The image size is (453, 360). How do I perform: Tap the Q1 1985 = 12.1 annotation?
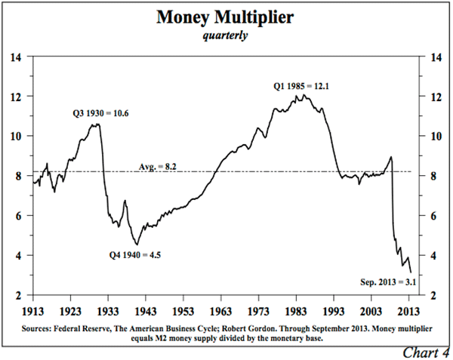pos(300,87)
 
